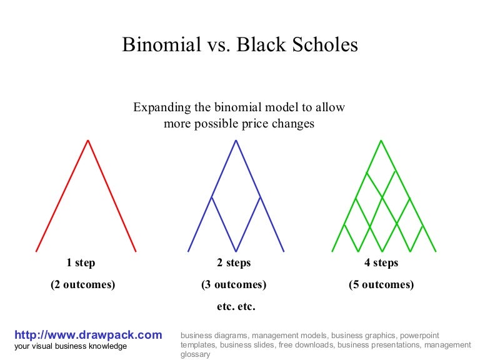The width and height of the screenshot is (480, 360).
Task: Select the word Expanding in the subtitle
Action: pos(161,107)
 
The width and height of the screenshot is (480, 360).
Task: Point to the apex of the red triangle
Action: pos(87,140)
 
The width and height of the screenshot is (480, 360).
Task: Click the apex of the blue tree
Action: pos(236,140)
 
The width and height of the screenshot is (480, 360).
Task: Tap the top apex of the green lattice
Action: pos(381,140)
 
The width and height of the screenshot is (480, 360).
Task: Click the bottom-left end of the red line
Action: pos(37,251)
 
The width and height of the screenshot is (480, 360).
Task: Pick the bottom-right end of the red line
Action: pos(136,251)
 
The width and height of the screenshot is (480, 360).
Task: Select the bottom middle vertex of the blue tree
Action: pos(236,251)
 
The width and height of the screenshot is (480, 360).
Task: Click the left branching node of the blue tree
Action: pos(212,197)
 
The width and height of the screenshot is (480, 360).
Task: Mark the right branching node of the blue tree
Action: pos(260,197)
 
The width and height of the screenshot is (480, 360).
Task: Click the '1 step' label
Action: pos(81,263)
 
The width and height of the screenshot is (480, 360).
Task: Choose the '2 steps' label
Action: pos(234,263)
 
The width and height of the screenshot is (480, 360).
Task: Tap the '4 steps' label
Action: pos(381,263)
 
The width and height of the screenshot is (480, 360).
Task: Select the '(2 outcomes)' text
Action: pos(82,285)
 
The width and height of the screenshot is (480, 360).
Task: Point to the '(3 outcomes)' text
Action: pos(234,285)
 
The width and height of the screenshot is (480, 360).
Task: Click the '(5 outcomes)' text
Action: pos(381,285)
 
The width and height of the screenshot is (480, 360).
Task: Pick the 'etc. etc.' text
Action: pos(236,307)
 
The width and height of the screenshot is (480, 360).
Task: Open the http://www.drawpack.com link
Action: pos(88,335)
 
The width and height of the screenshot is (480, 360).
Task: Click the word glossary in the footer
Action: pos(196,354)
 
